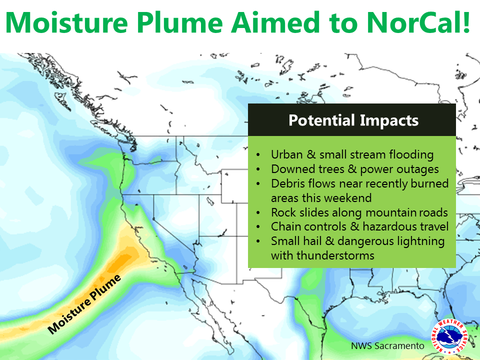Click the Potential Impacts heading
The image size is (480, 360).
(353, 120)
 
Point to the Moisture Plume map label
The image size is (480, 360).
(84, 304)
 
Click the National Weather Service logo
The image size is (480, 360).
(449, 336)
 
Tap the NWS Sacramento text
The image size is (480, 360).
(387, 346)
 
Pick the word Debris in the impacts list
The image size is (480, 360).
(287, 183)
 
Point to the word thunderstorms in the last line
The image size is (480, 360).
(335, 255)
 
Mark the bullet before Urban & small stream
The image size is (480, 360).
(258, 155)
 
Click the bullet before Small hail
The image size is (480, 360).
(258, 241)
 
